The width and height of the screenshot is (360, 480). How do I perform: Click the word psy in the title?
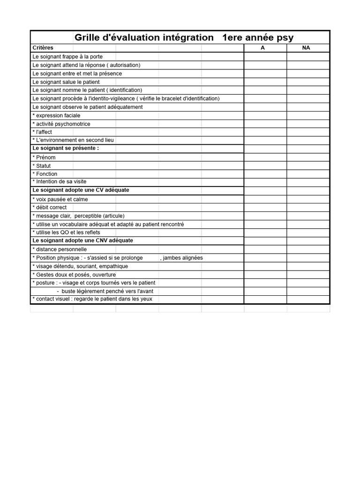click(x=283, y=37)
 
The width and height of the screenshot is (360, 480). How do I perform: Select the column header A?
click(x=262, y=48)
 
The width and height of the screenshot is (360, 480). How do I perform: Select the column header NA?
click(x=306, y=48)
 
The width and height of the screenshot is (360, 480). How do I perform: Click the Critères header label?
click(x=43, y=48)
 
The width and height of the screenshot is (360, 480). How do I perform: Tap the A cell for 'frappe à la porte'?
click(x=265, y=57)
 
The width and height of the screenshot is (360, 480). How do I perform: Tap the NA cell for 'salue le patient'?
click(x=308, y=82)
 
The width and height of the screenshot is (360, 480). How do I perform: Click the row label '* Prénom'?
click(x=44, y=157)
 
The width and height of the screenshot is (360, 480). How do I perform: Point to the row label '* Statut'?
click(x=42, y=166)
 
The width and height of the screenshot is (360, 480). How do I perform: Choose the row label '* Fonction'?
click(x=45, y=174)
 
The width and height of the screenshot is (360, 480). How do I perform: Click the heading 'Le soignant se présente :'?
click(x=66, y=148)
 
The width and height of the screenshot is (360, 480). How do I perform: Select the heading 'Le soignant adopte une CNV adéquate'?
click(x=83, y=240)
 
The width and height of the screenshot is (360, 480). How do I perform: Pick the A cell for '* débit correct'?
click(x=265, y=207)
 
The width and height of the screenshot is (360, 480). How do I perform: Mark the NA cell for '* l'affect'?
click(x=308, y=132)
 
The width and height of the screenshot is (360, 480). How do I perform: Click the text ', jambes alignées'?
click(x=181, y=258)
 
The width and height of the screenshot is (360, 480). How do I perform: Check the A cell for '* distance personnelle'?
click(x=265, y=249)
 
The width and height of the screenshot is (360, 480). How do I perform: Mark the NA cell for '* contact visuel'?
click(x=308, y=299)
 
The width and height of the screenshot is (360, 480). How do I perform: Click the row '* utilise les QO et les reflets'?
click(x=66, y=232)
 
